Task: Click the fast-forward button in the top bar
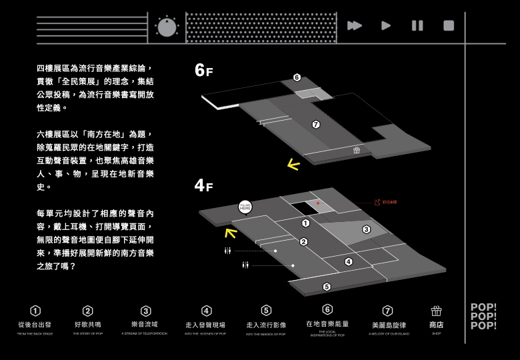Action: (355, 25)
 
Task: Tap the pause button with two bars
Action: (417, 25)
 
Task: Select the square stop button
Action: (449, 25)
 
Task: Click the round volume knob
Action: (167, 27)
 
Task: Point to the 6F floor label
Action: (203, 70)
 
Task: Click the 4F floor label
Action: (203, 185)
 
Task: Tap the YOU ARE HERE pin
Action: (245, 207)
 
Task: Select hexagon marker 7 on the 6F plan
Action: (316, 125)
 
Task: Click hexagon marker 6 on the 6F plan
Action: (297, 77)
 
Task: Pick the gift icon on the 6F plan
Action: (357, 150)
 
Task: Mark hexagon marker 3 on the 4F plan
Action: (366, 229)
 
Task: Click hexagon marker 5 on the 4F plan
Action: (327, 287)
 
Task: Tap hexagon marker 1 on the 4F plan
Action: (305, 223)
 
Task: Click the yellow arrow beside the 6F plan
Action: (293, 164)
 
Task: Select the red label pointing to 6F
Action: (386, 202)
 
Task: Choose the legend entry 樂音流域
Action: (145, 325)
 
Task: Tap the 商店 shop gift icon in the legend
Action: (436, 311)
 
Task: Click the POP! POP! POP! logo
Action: (483, 317)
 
